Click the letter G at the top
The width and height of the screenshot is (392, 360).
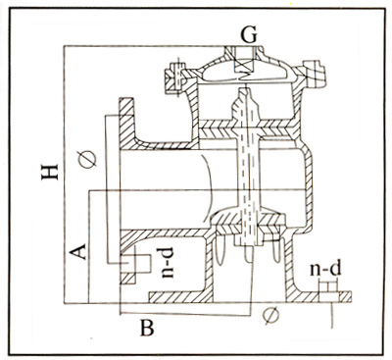[x=249, y=34]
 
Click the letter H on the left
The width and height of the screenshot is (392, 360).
[x=50, y=172]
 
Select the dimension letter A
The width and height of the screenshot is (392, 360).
[x=78, y=251]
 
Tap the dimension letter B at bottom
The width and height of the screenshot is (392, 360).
[x=147, y=328]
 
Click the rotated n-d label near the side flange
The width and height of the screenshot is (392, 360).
[x=168, y=263]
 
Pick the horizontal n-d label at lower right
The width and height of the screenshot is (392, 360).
[x=325, y=269]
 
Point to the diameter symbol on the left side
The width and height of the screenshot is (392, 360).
[x=87, y=159]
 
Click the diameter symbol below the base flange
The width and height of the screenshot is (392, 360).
[x=271, y=316]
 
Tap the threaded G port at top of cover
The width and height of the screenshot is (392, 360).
[x=244, y=60]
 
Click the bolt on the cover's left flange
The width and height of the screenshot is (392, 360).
[x=176, y=77]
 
